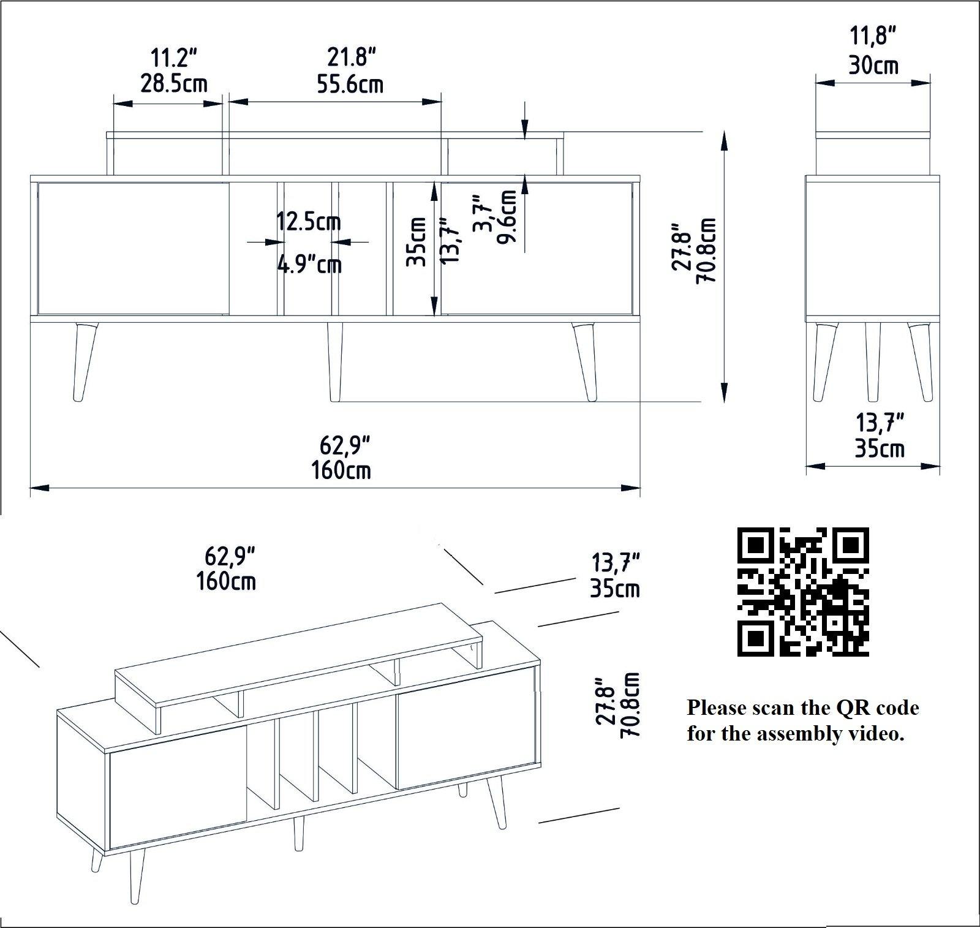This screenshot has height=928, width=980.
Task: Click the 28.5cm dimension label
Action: (174, 83)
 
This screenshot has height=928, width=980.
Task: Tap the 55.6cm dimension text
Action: (350, 84)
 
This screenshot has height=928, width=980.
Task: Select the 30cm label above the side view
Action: (873, 64)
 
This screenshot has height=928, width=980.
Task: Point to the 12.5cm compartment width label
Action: (308, 221)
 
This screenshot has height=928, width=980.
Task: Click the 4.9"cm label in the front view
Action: (309, 265)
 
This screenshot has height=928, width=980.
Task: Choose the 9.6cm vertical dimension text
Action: (508, 216)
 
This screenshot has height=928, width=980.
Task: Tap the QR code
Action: (803, 591)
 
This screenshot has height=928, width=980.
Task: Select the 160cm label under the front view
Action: (341, 470)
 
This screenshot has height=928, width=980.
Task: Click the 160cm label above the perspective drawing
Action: (226, 581)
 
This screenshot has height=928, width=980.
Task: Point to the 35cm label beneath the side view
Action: (880, 448)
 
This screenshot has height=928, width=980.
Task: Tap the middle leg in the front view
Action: (334, 361)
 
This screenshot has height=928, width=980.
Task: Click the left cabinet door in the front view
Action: (134, 248)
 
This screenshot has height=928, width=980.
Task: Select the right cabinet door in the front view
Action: (536, 248)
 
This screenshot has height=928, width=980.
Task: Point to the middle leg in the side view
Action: (872, 361)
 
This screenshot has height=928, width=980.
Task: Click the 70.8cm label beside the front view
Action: (709, 250)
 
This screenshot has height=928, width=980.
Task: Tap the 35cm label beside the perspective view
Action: (615, 589)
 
